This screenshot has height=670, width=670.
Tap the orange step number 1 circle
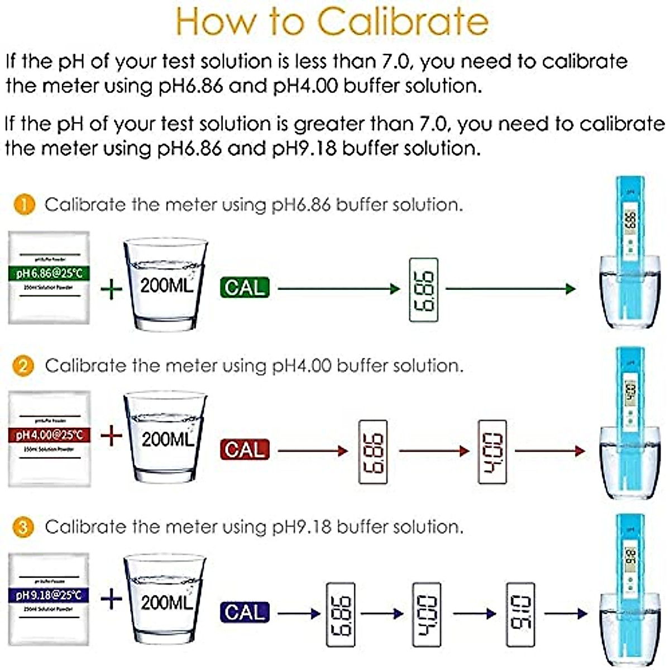tap(24, 204)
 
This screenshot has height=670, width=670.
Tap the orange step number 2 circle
tap(23, 366)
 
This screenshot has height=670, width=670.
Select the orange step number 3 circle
tap(23, 527)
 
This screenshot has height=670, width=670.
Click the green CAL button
tap(245, 288)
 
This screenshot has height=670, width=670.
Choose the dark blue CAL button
tap(245, 612)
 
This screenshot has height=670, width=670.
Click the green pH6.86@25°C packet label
tap(49, 273)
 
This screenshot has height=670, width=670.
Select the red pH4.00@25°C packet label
tap(49, 434)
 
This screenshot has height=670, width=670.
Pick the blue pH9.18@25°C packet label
tap(49, 595)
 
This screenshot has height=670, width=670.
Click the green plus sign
tap(112, 289)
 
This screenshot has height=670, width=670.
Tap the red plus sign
tap(112, 435)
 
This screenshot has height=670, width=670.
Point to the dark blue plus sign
tap(112, 600)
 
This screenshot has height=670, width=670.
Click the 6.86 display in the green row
tap(423, 290)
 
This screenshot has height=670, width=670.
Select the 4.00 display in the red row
tap(492, 451)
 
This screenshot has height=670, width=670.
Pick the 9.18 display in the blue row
tap(520, 614)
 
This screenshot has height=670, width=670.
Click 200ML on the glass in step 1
tap(166, 285)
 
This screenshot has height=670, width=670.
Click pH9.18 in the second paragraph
tap(304, 149)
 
